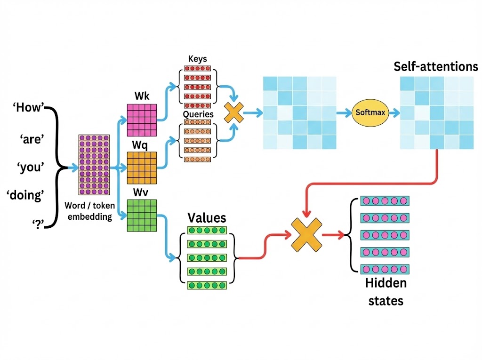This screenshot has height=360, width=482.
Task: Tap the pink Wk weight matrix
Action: tap(142, 119)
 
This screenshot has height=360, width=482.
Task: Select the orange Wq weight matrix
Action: tap(142, 168)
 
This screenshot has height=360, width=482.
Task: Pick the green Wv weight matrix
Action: tap(142, 215)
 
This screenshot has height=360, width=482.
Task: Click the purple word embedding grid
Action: tap(94, 165)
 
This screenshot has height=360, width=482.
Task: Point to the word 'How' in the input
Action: tap(28, 108)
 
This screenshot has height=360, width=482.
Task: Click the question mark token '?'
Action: tap(37, 223)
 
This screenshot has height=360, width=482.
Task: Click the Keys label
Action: tap(198, 59)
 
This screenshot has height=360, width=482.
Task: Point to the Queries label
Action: tap(198, 114)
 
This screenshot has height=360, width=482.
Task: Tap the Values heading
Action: tap(207, 217)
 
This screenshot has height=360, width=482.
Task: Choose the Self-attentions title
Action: tap(436, 66)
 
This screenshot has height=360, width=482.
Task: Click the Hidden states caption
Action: tap(386, 292)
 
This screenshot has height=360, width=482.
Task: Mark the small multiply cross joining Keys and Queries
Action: tap(234, 112)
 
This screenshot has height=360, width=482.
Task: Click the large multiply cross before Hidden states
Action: tap(306, 233)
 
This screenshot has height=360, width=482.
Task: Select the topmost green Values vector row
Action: tap(207, 231)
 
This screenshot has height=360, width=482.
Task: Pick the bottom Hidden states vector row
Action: tap(385, 269)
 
